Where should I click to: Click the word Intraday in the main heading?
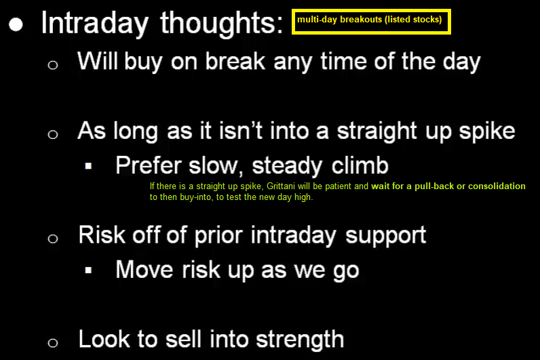tap(95, 23)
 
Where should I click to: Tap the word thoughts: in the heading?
tap(222, 23)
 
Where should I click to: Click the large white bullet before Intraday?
tap(16, 24)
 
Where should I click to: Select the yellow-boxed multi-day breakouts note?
tap(371, 21)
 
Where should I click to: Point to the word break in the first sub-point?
tap(235, 61)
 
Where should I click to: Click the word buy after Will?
tap(143, 62)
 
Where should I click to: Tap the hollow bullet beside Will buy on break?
tap(53, 64)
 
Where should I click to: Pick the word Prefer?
tap(149, 165)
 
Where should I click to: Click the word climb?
tap(360, 165)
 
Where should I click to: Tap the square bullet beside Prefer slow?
tap(88, 166)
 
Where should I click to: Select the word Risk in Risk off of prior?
tap(102, 235)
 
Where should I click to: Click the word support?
tap(386, 236)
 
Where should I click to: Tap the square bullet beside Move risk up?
tap(88, 271)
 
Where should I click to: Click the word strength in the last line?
tap(300, 340)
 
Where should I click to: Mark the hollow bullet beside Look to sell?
tap(53, 343)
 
